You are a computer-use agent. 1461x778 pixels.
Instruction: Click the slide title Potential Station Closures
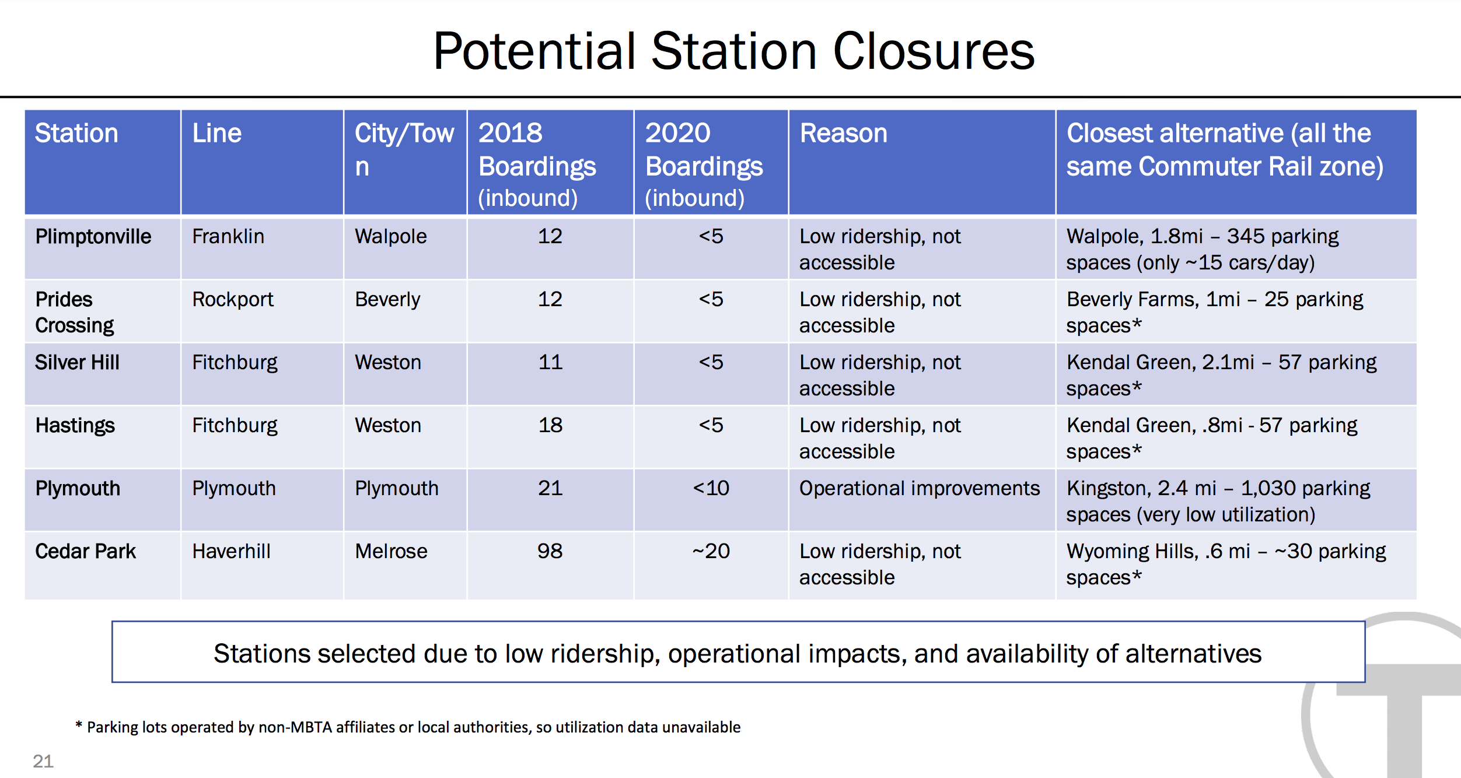click(x=733, y=51)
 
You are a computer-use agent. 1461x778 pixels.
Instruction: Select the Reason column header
click(x=843, y=133)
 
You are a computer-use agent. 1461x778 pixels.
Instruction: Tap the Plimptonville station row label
click(x=93, y=236)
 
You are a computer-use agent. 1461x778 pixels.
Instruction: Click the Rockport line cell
click(x=233, y=299)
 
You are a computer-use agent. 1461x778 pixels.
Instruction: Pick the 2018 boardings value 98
click(x=550, y=551)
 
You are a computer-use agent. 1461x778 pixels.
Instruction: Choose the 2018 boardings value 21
click(x=550, y=488)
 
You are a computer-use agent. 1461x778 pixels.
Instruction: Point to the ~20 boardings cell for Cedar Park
click(x=711, y=551)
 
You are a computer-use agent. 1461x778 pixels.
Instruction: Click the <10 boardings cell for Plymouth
click(x=711, y=488)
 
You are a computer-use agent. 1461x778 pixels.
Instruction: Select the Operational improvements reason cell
click(x=920, y=488)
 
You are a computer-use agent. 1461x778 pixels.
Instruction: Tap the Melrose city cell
click(x=391, y=551)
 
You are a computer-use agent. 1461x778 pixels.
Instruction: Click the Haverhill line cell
click(x=231, y=551)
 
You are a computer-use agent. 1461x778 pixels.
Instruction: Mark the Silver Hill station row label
click(x=77, y=362)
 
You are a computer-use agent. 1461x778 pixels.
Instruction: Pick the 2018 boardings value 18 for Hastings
click(x=550, y=425)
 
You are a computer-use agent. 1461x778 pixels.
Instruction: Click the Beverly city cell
click(x=387, y=299)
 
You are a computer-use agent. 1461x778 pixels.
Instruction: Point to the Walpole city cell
click(x=391, y=236)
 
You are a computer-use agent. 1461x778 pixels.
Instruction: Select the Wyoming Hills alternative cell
click(x=1226, y=564)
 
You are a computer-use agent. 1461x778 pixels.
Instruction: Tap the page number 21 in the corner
click(x=43, y=761)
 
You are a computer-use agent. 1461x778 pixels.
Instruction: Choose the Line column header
click(x=216, y=133)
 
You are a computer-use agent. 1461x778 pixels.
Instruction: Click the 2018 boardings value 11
click(x=550, y=362)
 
